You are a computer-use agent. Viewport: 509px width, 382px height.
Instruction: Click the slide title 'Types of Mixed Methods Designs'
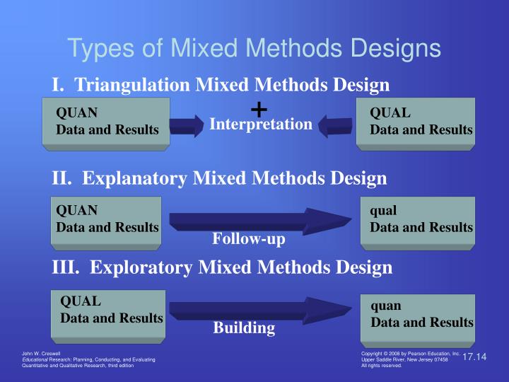coord(254,48)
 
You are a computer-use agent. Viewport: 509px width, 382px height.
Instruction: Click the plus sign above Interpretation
coord(259,110)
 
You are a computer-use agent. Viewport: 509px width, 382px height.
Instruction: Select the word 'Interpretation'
coord(261,125)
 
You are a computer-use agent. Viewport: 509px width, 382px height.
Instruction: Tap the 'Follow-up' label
coord(249,239)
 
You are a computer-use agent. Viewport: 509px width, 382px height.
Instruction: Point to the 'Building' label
coord(245,328)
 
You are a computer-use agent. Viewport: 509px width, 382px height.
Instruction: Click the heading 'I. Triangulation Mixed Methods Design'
coord(221,85)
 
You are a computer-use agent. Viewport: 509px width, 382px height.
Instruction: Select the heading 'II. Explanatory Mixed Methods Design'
coord(219,178)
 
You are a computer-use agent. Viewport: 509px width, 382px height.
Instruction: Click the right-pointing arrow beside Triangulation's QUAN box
coord(187,126)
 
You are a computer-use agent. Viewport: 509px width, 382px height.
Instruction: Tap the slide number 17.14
coord(475,357)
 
